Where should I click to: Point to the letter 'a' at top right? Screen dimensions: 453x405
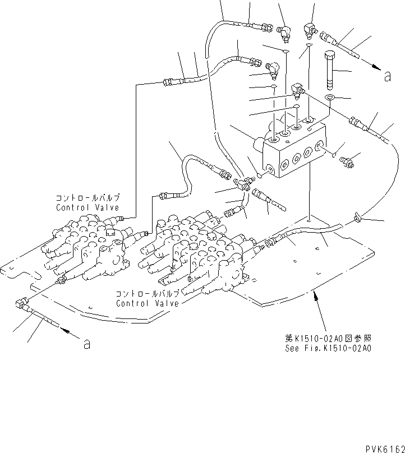(387, 77)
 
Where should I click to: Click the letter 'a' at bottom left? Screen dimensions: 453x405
(86, 344)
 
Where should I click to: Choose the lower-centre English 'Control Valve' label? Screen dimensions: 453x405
(148, 303)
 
